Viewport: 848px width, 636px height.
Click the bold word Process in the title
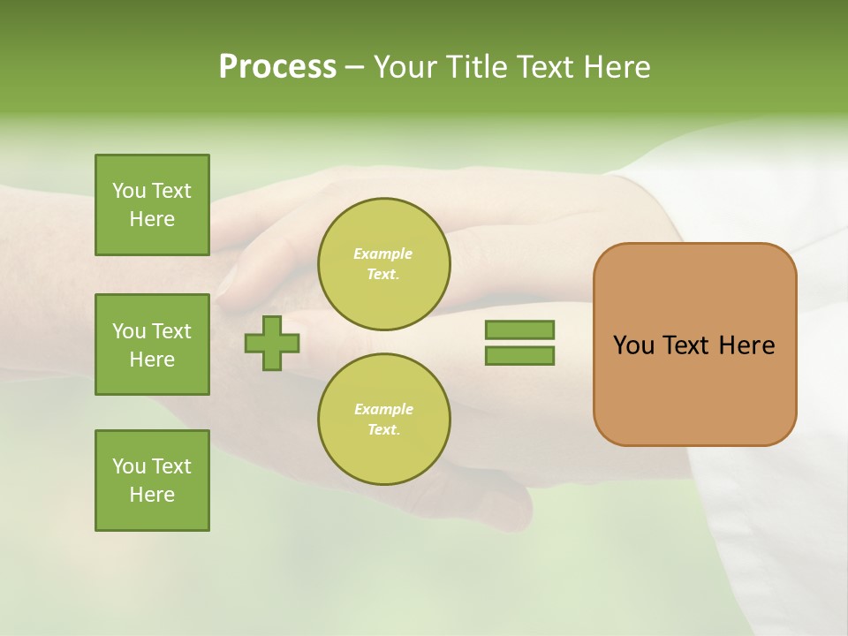[x=277, y=67]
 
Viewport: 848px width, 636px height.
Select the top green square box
[x=152, y=205]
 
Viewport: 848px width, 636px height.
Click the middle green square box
[x=152, y=344]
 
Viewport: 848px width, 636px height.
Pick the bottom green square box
[x=152, y=481]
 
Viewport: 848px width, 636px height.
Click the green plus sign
[x=272, y=343]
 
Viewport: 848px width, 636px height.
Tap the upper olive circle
[x=383, y=263]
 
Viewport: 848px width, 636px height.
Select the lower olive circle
[x=383, y=419]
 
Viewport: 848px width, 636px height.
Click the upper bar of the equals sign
[x=519, y=329]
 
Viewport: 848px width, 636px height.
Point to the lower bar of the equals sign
[x=519, y=356]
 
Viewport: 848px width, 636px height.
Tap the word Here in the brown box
[x=746, y=345]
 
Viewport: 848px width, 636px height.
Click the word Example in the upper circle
[x=383, y=254]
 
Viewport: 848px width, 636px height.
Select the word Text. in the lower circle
[x=383, y=430]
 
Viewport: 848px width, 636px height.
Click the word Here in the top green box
[x=152, y=219]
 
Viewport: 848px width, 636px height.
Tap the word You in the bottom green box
[x=128, y=466]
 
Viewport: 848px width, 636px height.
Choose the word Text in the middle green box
[x=171, y=331]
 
